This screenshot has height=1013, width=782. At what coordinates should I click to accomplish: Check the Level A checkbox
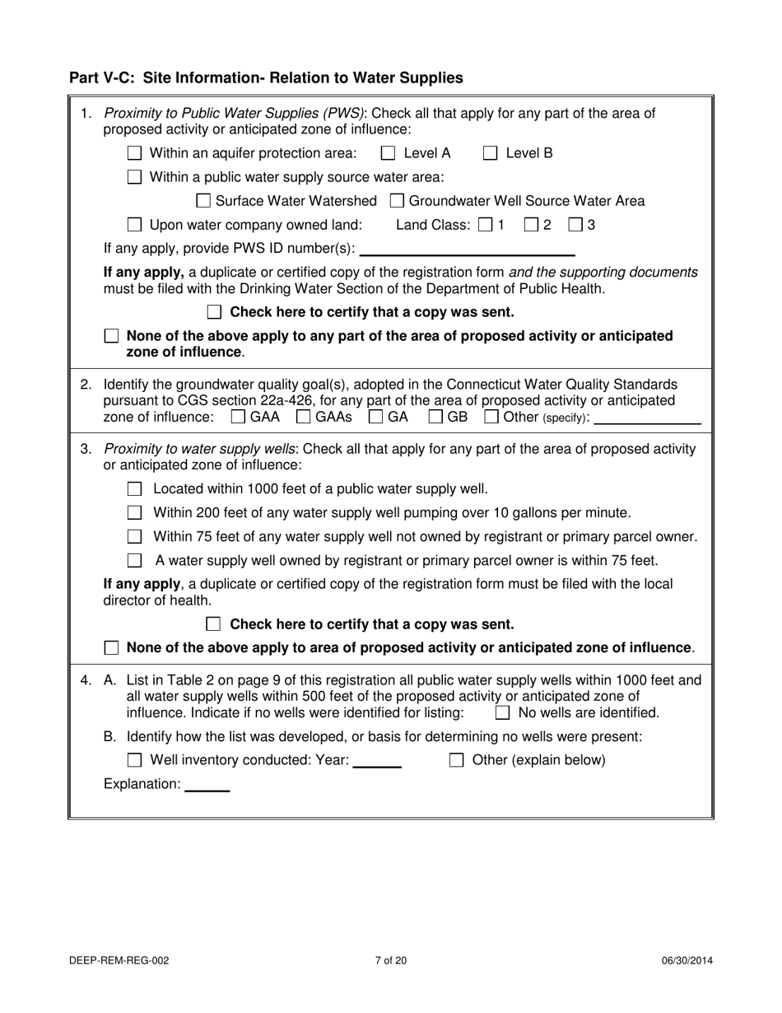click(389, 153)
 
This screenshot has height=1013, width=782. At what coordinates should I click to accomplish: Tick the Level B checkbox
click(491, 153)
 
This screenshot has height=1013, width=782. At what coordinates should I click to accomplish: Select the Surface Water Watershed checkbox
click(204, 201)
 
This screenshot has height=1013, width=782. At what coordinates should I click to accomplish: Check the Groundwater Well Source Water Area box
click(397, 201)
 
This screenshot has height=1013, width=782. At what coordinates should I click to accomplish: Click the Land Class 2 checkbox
click(532, 225)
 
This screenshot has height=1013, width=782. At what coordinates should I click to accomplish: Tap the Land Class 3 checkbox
click(577, 225)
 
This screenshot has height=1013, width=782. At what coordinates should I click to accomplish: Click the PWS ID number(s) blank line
click(467, 249)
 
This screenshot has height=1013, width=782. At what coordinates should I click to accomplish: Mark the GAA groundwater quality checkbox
click(239, 418)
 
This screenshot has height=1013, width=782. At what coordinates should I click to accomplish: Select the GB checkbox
click(436, 418)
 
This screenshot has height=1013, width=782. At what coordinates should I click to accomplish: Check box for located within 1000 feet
click(135, 489)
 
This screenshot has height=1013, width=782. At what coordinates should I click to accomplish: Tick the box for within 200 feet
click(135, 513)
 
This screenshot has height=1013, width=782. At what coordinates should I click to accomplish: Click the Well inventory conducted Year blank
click(377, 761)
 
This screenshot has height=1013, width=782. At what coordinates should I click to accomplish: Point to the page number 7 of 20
click(390, 960)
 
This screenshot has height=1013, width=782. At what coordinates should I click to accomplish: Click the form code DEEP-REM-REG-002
click(120, 960)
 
